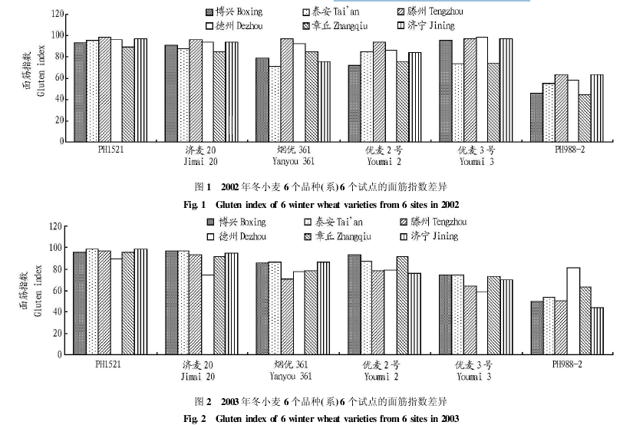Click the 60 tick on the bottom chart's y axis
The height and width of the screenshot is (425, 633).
point(56,291)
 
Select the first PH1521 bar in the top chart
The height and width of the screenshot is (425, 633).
point(80,92)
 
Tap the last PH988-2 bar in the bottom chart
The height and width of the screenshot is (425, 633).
point(598,331)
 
